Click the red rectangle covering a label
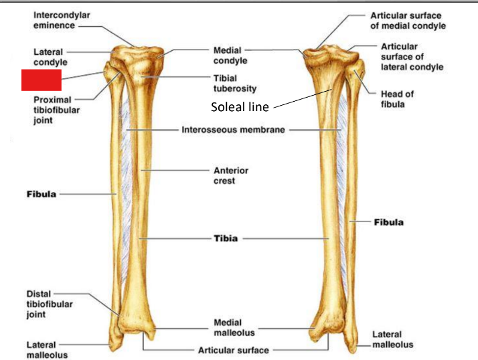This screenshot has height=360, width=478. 42,80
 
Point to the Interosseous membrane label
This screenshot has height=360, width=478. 234,130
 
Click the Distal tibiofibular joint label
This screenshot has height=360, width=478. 50,304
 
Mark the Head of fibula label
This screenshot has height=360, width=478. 398,99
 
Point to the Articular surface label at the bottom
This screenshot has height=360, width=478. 234,350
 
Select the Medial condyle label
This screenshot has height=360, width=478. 230,55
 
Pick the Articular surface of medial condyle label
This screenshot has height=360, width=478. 408,20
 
